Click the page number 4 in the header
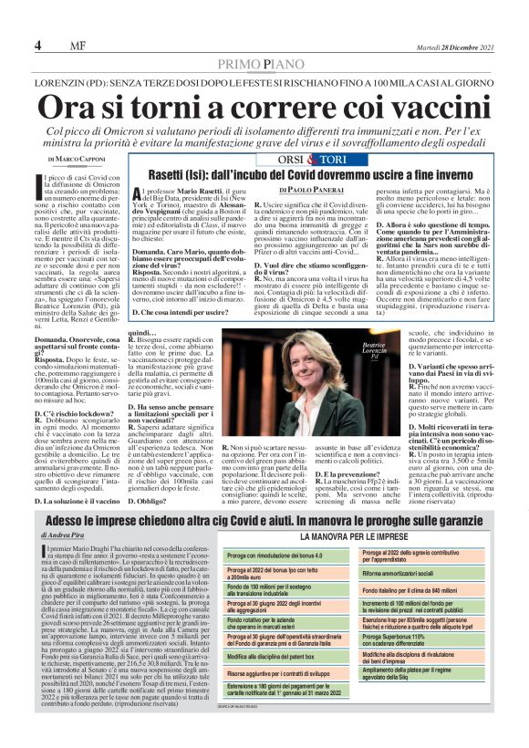(x=36, y=46)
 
